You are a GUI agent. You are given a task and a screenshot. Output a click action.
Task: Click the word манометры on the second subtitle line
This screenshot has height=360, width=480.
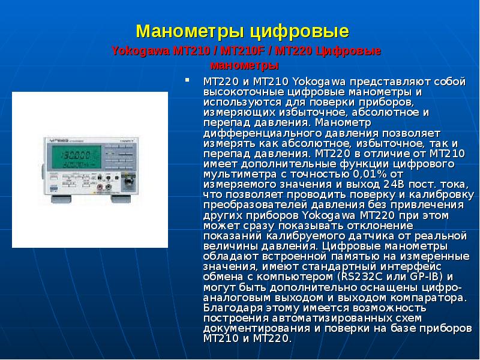click(244, 65)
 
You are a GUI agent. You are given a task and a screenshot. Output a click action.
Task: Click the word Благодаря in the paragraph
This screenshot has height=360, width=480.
click(228, 307)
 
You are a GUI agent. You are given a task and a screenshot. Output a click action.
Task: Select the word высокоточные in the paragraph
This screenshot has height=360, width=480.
click(237, 91)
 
